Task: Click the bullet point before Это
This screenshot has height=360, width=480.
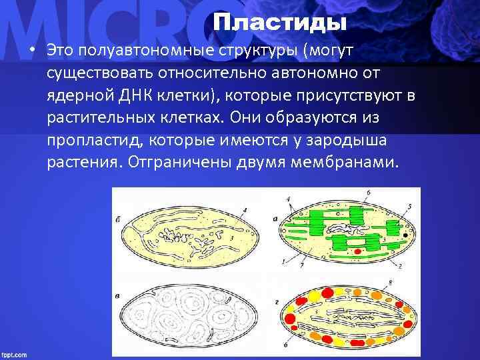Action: [x=31, y=51]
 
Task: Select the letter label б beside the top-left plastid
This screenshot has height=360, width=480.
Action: [x=118, y=217]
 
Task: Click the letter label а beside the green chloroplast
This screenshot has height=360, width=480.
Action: [x=275, y=217]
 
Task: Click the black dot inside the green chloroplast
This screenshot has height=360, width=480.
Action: [x=405, y=235]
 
